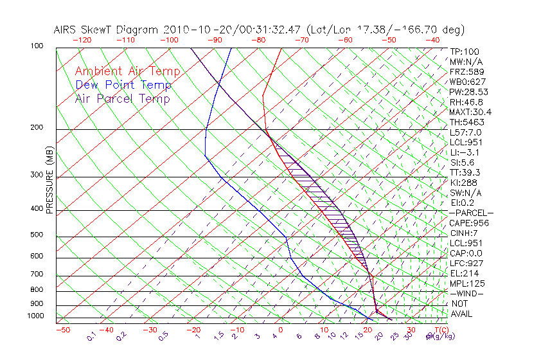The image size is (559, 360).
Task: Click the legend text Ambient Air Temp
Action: tap(127, 71)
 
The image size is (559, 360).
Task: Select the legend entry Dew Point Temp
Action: tap(123, 85)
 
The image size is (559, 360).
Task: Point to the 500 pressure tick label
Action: tap(37, 235)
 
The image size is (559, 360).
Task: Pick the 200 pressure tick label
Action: tap(37, 127)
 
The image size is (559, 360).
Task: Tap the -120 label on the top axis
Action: tap(82, 40)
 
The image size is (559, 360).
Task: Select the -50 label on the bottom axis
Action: tap(62, 330)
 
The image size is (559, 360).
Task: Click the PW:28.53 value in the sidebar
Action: tap(469, 92)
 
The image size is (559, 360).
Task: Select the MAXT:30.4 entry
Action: tap(471, 113)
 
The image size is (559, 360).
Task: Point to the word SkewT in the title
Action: tap(108, 30)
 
